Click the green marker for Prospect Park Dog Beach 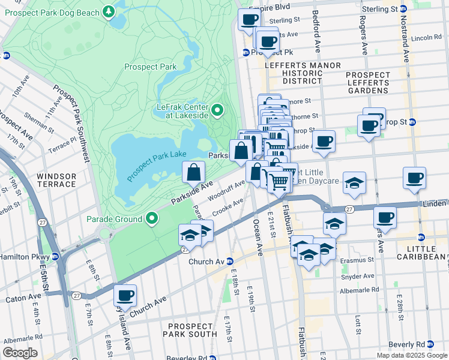[x=108, y=11]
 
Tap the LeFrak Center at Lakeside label [x=182, y=110]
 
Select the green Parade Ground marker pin [x=152, y=220]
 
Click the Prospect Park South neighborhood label [x=190, y=329]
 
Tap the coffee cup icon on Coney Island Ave [x=125, y=295]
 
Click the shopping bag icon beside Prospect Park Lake [x=194, y=173]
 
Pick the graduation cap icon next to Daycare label [x=354, y=182]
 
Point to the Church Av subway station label [x=206, y=262]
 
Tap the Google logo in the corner [x=20, y=353]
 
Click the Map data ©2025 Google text [x=412, y=355]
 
